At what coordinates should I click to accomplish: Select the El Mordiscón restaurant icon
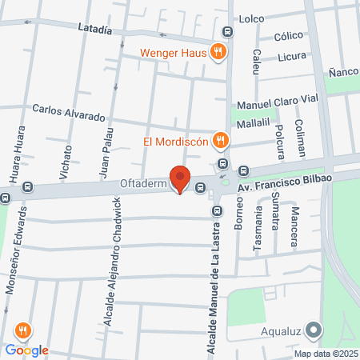pos(222,142)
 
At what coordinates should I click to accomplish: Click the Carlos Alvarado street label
pos(68,112)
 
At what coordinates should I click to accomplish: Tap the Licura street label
pos(293,57)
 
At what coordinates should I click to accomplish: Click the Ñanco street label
pos(342,72)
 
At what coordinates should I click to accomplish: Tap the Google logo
pos(26,350)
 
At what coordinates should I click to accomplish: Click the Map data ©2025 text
pos(326,354)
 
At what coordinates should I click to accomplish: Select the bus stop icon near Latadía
pos(229,32)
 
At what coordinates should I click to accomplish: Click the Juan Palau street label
pos(105,153)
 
